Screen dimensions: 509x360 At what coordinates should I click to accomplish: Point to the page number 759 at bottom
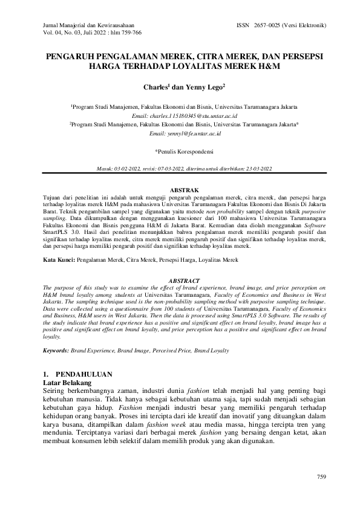point(321,478)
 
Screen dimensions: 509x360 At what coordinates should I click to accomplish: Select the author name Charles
point(155,87)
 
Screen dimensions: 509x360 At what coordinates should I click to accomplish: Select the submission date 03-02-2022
point(134,168)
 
